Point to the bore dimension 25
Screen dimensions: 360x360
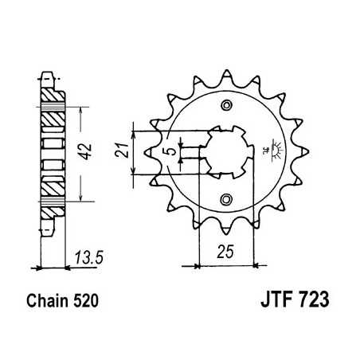[x=225, y=253]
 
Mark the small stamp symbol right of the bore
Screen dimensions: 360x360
[x=275, y=150]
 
